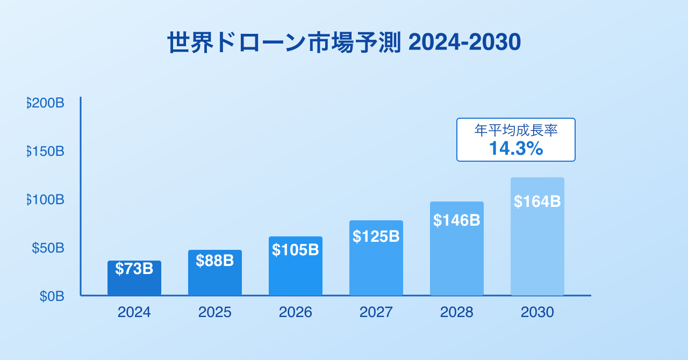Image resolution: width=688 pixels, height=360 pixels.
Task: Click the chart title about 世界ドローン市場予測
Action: (344, 43)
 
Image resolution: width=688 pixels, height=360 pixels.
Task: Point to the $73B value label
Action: (134, 269)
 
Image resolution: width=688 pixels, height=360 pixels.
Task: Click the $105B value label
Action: (296, 250)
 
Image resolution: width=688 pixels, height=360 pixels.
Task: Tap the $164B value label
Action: (537, 201)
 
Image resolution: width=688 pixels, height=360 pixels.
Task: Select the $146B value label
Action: (457, 220)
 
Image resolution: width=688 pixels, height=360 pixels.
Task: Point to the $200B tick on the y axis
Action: (46, 103)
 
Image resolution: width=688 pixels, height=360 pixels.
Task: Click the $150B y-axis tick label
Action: (46, 151)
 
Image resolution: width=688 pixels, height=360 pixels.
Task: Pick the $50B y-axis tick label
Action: (48, 248)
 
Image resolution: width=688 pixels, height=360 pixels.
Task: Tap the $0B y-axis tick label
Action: (52, 296)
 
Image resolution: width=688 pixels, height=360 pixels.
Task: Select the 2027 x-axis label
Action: (376, 312)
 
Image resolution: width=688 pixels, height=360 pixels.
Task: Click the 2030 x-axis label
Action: (537, 312)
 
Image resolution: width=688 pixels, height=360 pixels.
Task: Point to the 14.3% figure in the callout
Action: (516, 149)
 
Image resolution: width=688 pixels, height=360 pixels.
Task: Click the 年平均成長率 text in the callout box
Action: (516, 131)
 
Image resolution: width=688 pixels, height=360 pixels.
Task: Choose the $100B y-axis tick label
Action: (46, 199)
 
